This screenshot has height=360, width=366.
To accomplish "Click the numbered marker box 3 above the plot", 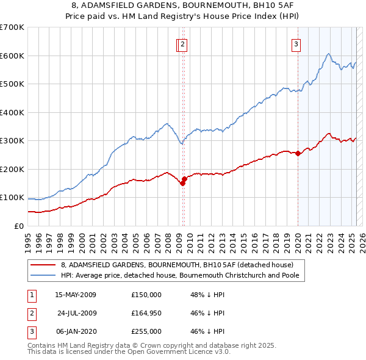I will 296,44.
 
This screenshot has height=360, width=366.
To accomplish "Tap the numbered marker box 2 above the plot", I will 183,44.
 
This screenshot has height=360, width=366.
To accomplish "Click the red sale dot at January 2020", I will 298,154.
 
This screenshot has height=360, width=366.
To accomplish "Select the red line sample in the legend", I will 44,265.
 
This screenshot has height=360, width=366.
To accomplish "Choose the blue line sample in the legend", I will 44,275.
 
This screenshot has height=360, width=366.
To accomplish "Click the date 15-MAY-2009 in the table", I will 76,295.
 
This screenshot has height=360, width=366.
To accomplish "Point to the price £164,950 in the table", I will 146,313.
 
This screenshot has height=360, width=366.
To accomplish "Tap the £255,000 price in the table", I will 146,331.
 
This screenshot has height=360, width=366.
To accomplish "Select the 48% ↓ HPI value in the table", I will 207,295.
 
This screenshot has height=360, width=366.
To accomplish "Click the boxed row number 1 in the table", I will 32,295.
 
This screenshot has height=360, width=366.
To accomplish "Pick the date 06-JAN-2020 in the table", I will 76,331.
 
